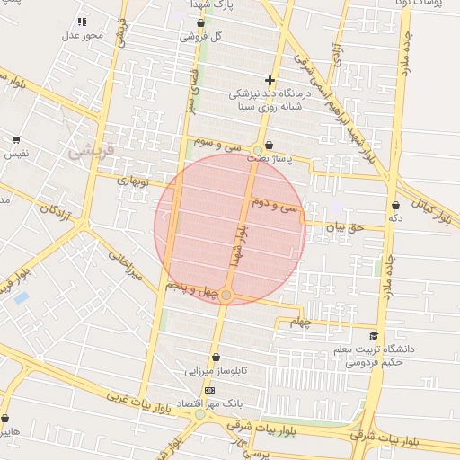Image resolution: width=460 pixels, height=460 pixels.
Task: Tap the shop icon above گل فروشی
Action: pyautogui.click(x=199, y=23)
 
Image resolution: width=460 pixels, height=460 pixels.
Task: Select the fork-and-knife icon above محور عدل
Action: pyautogui.click(x=83, y=22)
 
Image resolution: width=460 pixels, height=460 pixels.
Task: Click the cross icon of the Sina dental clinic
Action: pyautogui.click(x=270, y=80)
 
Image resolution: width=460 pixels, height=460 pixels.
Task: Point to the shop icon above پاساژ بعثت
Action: pyautogui.click(x=270, y=145)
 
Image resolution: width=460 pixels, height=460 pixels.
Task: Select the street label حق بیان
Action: pyautogui.click(x=342, y=227)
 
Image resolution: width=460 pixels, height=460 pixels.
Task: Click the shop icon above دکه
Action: pyautogui.click(x=395, y=205)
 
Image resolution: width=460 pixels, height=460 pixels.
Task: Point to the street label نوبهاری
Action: pyautogui.click(x=132, y=180)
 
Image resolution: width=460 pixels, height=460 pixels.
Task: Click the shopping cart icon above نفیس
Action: pyautogui.click(x=16, y=140)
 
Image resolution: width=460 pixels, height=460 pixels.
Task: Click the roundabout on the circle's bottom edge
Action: pyautogui.click(x=227, y=295)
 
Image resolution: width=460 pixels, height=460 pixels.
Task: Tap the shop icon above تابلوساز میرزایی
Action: pyautogui.click(x=216, y=358)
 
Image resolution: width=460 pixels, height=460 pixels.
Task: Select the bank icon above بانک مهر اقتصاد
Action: pyautogui.click(x=210, y=391)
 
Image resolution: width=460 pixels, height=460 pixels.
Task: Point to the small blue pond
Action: pyautogui.click(x=22, y=296)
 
